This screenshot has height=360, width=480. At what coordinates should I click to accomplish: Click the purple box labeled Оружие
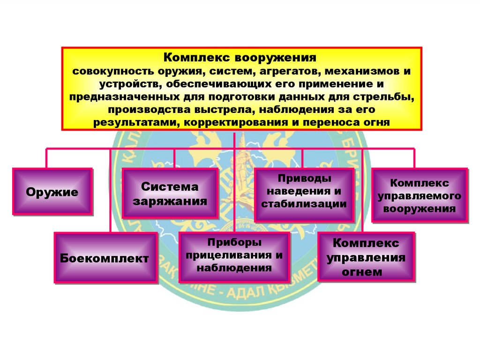pyautogui.click(x=52, y=192)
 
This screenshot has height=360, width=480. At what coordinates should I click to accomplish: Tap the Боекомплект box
pyautogui.click(x=105, y=258)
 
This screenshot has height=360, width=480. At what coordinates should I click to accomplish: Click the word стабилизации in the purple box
pyautogui.click(x=304, y=204)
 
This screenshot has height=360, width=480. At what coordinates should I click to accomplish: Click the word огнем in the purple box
pyautogui.click(x=366, y=271)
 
